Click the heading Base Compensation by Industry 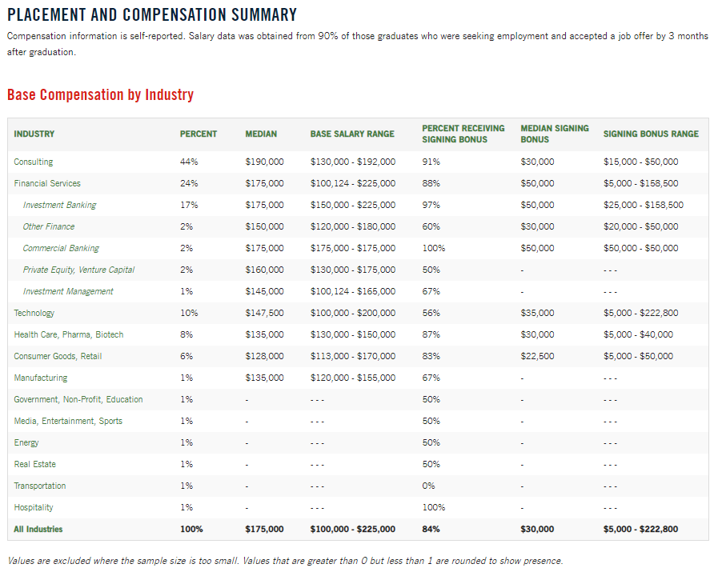pyautogui.click(x=100, y=95)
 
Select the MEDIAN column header pyautogui.click(x=261, y=134)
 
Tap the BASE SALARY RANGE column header pyautogui.click(x=352, y=134)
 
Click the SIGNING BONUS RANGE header pyautogui.click(x=651, y=134)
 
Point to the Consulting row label pyautogui.click(x=34, y=162)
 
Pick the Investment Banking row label pyautogui.click(x=59, y=205)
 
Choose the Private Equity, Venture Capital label pyautogui.click(x=78, y=270)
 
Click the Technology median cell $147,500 pyautogui.click(x=264, y=313)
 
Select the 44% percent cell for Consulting pyautogui.click(x=189, y=162)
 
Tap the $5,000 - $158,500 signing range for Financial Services pyautogui.click(x=640, y=183)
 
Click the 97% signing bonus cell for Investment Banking pyautogui.click(x=431, y=205)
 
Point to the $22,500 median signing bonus pyautogui.click(x=537, y=356)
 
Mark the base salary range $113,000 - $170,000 pyautogui.click(x=352, y=356)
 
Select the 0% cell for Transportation pyautogui.click(x=428, y=486)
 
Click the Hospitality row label pyautogui.click(x=34, y=507)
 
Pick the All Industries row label pyautogui.click(x=38, y=529)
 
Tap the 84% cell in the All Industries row pyautogui.click(x=431, y=529)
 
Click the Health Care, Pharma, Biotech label pyautogui.click(x=69, y=334)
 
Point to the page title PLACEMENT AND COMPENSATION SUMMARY pyautogui.click(x=152, y=15)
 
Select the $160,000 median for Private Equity pyautogui.click(x=264, y=270)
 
